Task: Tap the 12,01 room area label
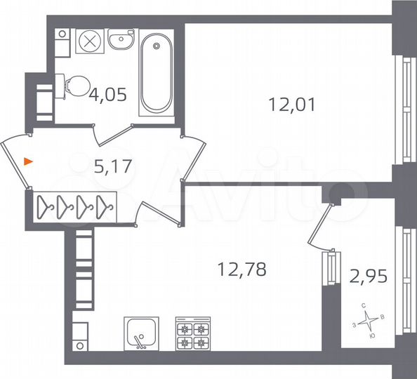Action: pos(292,105)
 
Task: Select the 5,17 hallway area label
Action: pos(113,166)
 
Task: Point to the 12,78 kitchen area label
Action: pos(242,268)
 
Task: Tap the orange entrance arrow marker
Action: pos(27,162)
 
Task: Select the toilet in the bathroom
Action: pos(73,86)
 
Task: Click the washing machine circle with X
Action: pos(89,41)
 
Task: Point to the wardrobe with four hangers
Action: pos(76,206)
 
